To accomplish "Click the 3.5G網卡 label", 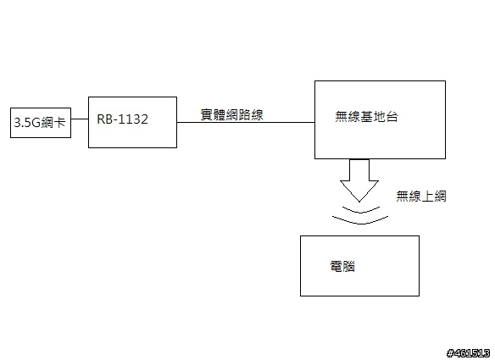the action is click(40, 123).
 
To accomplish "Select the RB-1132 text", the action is click(123, 119).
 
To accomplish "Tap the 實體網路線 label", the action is click(231, 115).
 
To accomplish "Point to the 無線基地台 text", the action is click(366, 117).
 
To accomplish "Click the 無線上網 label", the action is click(420, 197).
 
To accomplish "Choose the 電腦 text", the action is click(342, 267).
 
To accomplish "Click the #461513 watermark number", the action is click(469, 352).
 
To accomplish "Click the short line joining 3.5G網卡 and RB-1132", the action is click(80, 119).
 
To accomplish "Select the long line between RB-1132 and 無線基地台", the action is click(246, 122).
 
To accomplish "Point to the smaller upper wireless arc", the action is click(361, 210).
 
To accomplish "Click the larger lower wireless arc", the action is click(360, 222).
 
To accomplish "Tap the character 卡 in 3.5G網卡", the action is click(59, 123).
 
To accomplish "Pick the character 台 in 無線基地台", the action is click(392, 117).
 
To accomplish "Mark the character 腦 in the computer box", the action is click(349, 267).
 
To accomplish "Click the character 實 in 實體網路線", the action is click(207, 115).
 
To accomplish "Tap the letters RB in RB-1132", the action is click(103, 119).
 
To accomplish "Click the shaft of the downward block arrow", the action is click(359, 170).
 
